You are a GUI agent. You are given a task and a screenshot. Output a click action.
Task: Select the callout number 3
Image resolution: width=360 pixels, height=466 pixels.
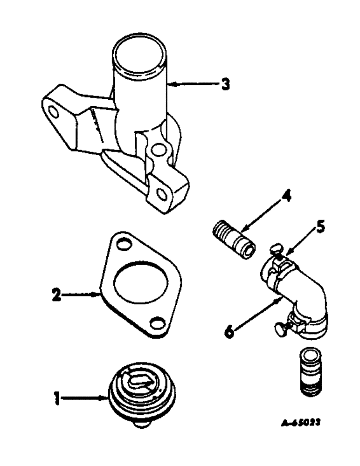(x=225, y=85)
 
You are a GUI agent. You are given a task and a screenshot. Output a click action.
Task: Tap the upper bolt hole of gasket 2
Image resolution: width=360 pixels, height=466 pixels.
(x=124, y=244)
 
